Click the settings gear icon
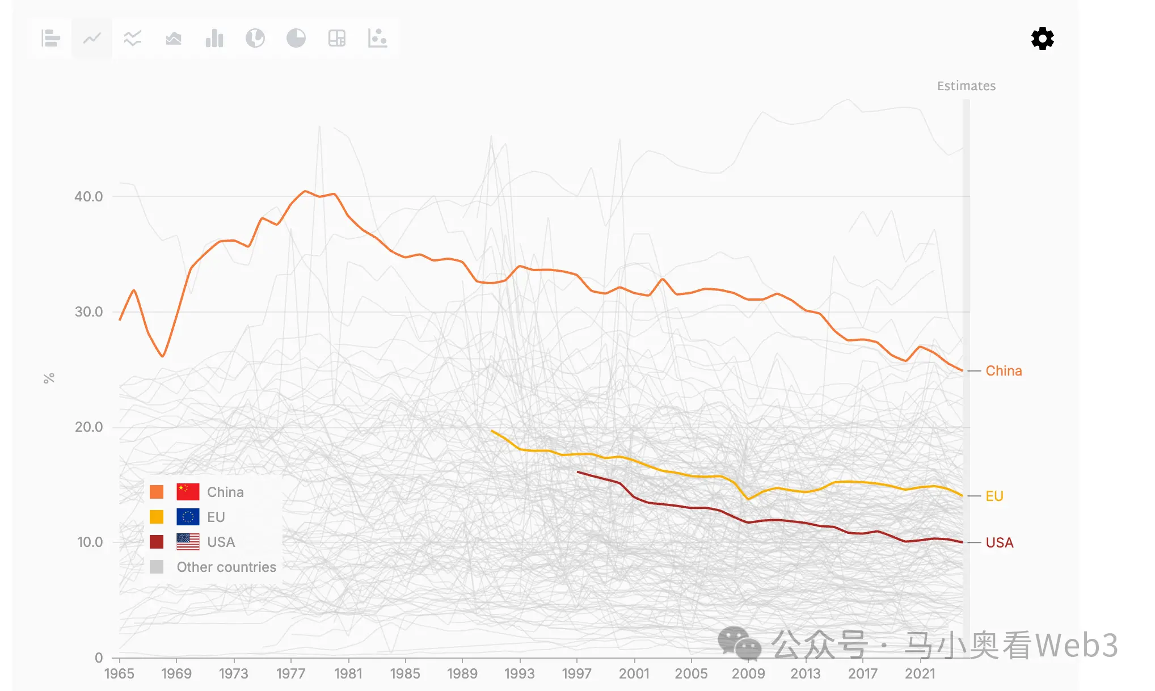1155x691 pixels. pyautogui.click(x=1042, y=39)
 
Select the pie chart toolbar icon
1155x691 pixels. pyautogui.click(x=296, y=39)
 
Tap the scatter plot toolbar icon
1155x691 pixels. pyautogui.click(x=377, y=39)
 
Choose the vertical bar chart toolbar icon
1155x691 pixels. pyautogui.click(x=214, y=39)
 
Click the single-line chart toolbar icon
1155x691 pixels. pyautogui.click(x=92, y=39)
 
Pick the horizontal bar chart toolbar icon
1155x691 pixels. pyautogui.click(x=51, y=39)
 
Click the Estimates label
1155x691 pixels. pyautogui.click(x=966, y=86)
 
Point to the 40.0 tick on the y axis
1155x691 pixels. pyautogui.click(x=88, y=197)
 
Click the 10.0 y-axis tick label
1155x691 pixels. pyautogui.click(x=90, y=542)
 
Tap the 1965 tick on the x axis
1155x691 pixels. pyautogui.click(x=119, y=673)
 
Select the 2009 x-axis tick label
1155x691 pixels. pyautogui.click(x=748, y=673)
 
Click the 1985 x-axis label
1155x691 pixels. pyautogui.click(x=405, y=673)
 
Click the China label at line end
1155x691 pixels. pyautogui.click(x=1004, y=371)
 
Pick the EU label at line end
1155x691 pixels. pyautogui.click(x=994, y=496)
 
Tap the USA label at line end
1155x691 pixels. pyautogui.click(x=999, y=543)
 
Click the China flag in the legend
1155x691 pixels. pyautogui.click(x=188, y=492)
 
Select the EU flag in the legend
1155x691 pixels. pyautogui.click(x=188, y=517)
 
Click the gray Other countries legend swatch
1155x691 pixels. pyautogui.click(x=157, y=567)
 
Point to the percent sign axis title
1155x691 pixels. pyautogui.click(x=49, y=378)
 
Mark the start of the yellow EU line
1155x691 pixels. pyautogui.click(x=492, y=431)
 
